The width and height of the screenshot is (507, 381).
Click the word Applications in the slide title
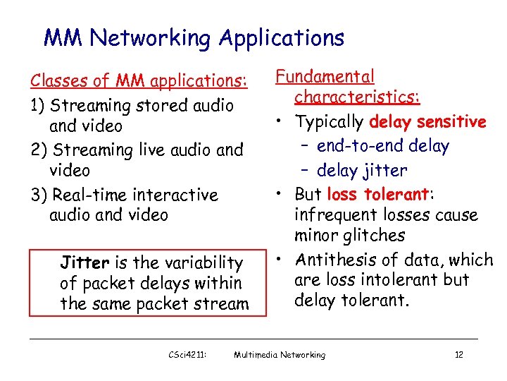tap(281, 38)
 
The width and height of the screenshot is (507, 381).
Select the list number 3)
tap(39, 195)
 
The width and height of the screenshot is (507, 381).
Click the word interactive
tap(175, 195)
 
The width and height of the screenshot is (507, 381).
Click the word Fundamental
tap(325, 77)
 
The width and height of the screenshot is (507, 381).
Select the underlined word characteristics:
tap(358, 97)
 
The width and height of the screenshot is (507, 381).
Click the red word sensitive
tap(451, 122)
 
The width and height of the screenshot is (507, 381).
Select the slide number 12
tap(458, 355)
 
